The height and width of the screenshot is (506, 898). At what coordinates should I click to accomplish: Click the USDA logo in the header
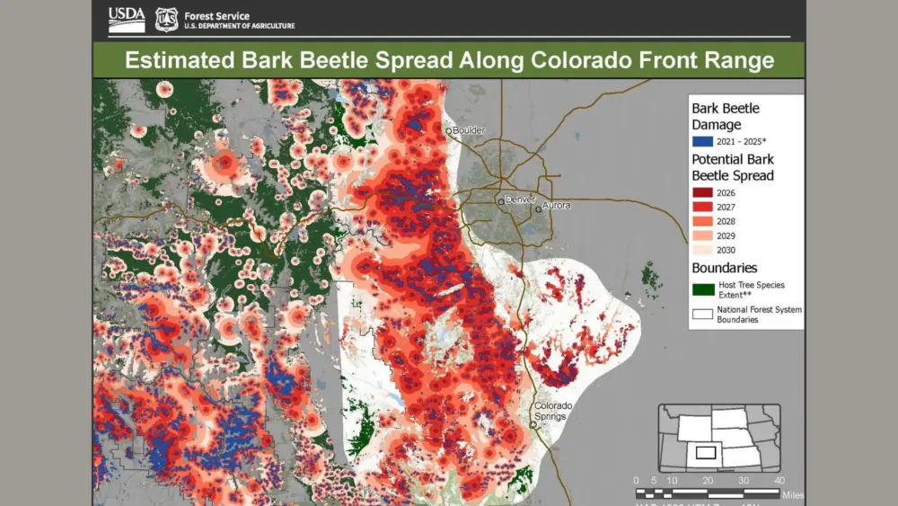127,18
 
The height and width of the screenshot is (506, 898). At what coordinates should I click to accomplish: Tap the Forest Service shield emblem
166,19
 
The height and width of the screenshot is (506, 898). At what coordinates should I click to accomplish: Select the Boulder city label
468,130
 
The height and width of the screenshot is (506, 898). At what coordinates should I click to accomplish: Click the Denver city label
520,199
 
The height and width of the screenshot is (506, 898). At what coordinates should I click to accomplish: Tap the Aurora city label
557,206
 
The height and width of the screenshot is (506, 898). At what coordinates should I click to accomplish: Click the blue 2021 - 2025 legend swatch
701,142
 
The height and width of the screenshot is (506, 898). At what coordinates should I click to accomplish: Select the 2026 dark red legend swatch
701,191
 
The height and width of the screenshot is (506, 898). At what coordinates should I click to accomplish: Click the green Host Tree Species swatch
701,289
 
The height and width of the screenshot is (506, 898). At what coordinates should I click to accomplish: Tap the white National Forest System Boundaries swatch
701,314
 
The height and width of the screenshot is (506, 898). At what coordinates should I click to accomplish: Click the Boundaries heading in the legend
724,268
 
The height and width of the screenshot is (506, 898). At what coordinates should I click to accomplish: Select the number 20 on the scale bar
708,480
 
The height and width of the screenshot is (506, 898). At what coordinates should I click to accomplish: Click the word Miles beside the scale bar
792,494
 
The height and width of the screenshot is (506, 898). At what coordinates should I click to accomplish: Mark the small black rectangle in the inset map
705,452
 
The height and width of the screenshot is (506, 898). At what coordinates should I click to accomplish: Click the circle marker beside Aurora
539,209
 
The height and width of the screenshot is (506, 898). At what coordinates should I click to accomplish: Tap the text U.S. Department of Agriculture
238,25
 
